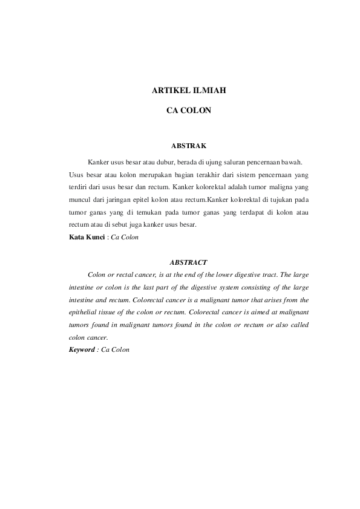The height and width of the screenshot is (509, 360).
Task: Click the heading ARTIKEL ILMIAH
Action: pyautogui.click(x=188, y=91)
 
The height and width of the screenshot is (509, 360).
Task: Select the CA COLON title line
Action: pyautogui.click(x=188, y=111)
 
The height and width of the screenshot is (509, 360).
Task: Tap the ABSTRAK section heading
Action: pyautogui.click(x=189, y=146)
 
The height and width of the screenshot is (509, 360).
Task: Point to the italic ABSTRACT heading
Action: pyautogui.click(x=189, y=262)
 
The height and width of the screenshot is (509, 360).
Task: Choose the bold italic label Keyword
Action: pyautogui.click(x=82, y=349)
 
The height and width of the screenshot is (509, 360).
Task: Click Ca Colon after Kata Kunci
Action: pyautogui.click(x=125, y=238)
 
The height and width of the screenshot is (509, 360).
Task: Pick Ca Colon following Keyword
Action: pyautogui.click(x=116, y=349)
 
